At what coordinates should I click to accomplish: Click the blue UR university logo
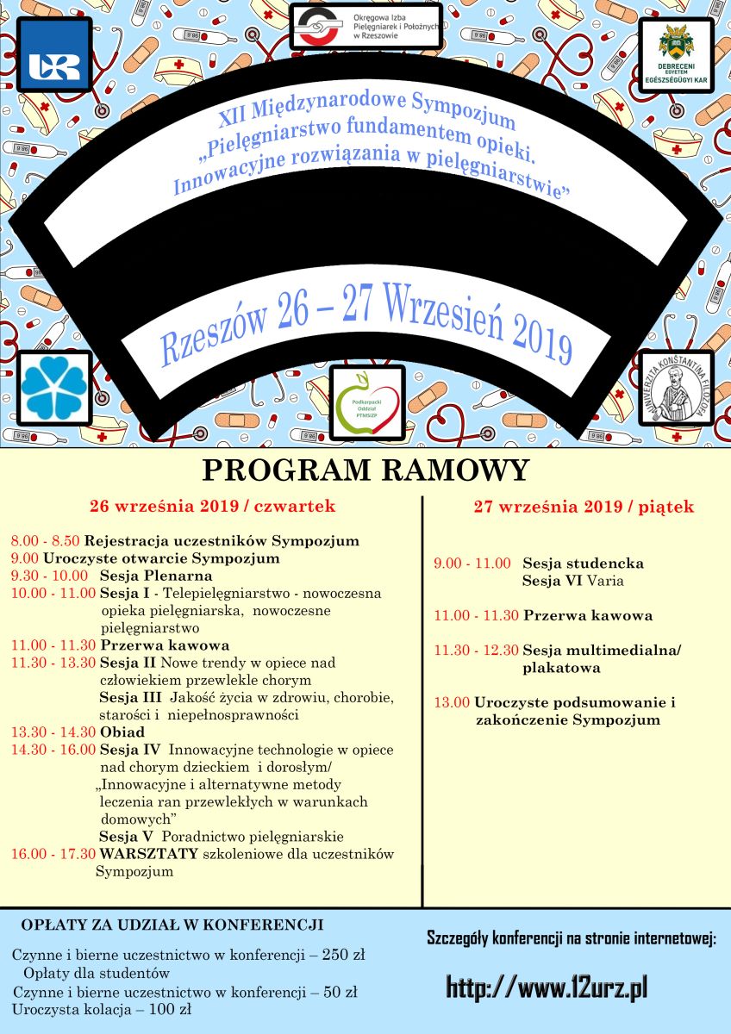pyautogui.click(x=54, y=54)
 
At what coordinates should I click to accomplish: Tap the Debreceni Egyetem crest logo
pyautogui.click(x=676, y=56)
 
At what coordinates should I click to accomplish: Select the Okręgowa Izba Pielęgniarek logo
pyautogui.click(x=365, y=26)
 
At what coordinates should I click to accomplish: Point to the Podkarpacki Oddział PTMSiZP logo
pyautogui.click(x=367, y=402)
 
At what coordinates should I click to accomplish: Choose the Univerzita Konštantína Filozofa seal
pyautogui.click(x=676, y=388)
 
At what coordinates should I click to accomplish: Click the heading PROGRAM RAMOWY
pyautogui.click(x=365, y=471)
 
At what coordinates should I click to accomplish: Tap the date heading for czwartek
pyautogui.click(x=213, y=507)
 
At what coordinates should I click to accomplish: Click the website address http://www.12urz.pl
pyautogui.click(x=547, y=987)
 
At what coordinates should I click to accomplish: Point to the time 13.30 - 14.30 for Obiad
pyautogui.click(x=53, y=732)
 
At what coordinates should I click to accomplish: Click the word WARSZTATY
pyautogui.click(x=149, y=854)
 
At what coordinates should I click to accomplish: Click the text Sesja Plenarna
pyautogui.click(x=156, y=576)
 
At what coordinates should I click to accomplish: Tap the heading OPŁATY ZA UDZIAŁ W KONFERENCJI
pyautogui.click(x=172, y=925)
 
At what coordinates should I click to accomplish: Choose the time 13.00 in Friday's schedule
pyautogui.click(x=452, y=703)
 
